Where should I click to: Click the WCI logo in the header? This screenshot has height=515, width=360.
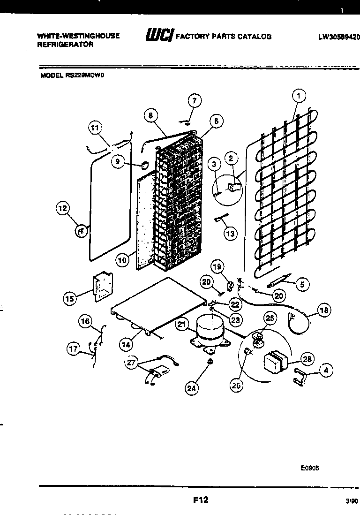[x=160, y=36]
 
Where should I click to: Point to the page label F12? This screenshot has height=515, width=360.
[x=200, y=500]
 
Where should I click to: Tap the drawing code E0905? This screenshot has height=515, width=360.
[x=310, y=468]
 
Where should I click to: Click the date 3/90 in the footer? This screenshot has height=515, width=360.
[x=349, y=501]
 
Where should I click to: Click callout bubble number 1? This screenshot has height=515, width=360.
[x=299, y=96]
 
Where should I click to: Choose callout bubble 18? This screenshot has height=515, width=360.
[x=324, y=310]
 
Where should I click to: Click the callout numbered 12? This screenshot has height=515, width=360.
[x=63, y=208]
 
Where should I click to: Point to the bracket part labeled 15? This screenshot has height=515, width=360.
[x=101, y=287]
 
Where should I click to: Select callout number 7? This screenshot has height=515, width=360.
[x=194, y=100]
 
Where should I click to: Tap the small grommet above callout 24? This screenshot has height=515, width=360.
[x=209, y=362]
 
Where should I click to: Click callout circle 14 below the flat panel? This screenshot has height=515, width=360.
[x=126, y=345]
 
